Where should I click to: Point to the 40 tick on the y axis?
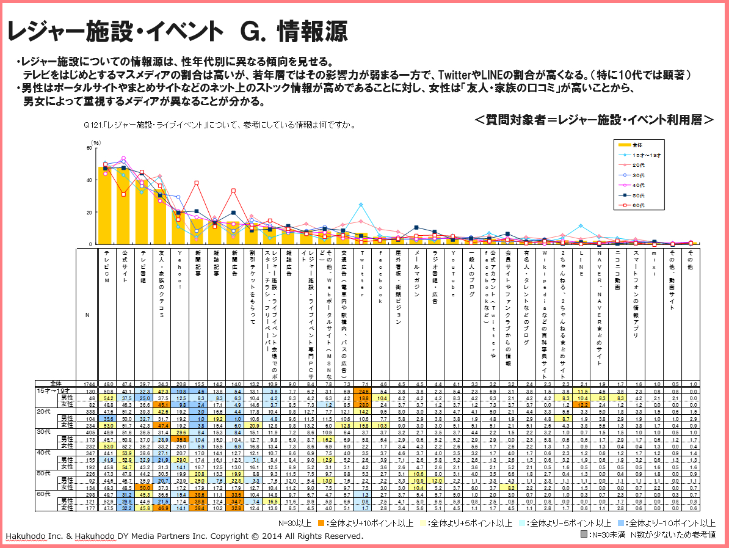pos(90,180)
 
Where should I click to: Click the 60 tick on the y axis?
pos(90,148)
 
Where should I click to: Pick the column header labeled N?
pos(87,315)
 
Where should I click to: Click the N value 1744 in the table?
pos(87,384)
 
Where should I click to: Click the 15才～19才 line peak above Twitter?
pos(361,205)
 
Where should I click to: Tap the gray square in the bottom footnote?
pos(584,534)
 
